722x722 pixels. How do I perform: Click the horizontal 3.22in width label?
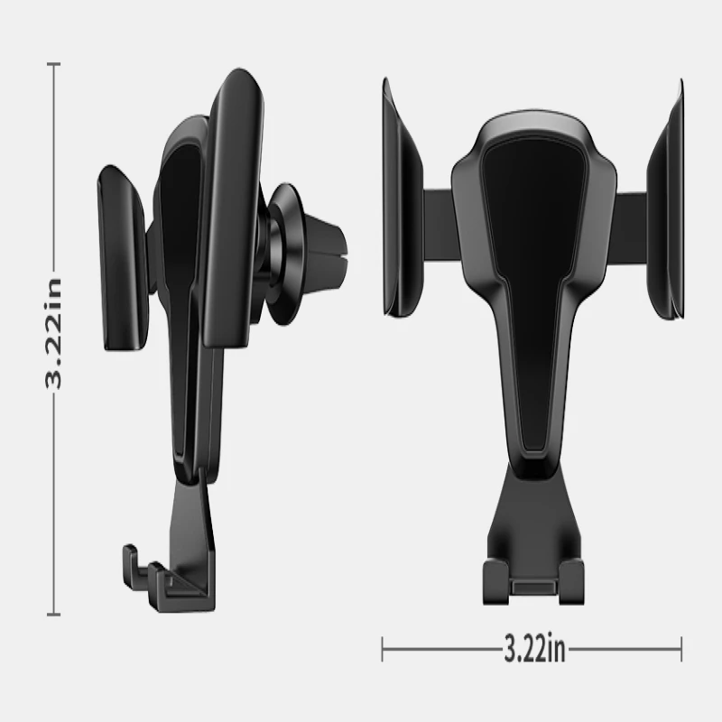coord(534,648)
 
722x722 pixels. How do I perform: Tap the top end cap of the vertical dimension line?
coord(54,64)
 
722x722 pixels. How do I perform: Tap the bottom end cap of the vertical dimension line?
coord(54,615)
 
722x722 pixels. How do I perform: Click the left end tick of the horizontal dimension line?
coord(384,648)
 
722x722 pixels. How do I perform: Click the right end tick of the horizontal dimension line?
coord(680,648)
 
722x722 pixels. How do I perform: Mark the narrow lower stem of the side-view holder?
coord(194,424)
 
